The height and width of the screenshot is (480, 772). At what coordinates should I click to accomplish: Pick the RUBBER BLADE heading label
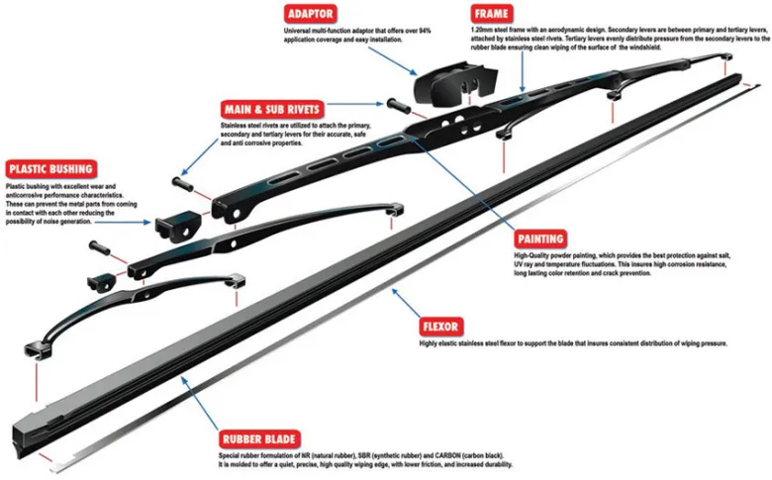point(261,438)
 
